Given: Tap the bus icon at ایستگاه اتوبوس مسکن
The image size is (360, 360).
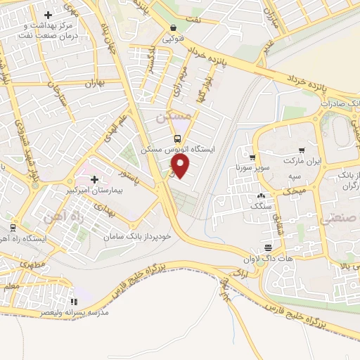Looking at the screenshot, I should tap(178, 139).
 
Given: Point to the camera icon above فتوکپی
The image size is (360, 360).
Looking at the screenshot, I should tap(173, 29).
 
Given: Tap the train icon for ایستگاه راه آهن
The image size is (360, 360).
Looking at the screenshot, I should tap(13, 227).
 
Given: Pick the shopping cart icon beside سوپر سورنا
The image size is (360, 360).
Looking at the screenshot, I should tap(251, 156).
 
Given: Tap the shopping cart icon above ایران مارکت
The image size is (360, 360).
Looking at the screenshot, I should tap(301, 150).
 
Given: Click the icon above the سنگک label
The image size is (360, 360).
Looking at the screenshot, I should tap(261, 195).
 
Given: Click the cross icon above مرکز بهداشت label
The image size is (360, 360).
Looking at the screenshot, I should tap(48, 14).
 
